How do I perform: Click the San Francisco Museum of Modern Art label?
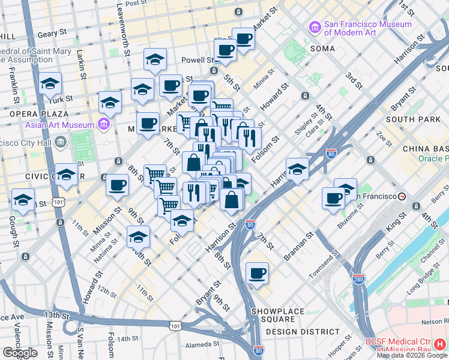(x=367, y=28)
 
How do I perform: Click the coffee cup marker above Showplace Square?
(x=257, y=274)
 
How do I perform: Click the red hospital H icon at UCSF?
(x=441, y=344)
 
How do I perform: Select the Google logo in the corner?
(x=20, y=353)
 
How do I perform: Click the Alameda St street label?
(x=202, y=344)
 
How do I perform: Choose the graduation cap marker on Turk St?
(x=50, y=84)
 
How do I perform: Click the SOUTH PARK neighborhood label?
(x=409, y=119)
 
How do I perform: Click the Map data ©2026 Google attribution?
(x=411, y=355)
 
